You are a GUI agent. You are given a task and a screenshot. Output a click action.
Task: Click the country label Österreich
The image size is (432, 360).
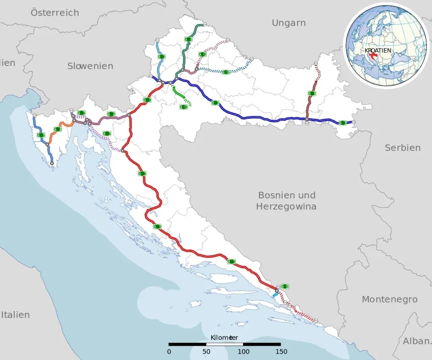click(x=55, y=13)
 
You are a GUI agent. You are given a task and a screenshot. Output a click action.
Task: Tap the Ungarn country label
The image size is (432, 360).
click(x=289, y=23)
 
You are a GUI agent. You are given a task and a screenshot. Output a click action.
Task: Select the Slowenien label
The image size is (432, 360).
click(x=90, y=66)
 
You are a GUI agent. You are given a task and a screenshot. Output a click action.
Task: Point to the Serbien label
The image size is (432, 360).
click(x=402, y=148)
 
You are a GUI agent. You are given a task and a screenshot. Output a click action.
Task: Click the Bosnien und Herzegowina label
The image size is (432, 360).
click(x=287, y=201)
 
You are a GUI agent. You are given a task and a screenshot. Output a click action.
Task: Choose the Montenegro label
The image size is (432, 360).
click(x=389, y=299)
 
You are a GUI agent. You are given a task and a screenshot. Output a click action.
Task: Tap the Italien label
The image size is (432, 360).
click(x=15, y=315)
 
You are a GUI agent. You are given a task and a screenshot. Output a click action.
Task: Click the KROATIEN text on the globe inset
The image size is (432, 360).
click(x=378, y=50)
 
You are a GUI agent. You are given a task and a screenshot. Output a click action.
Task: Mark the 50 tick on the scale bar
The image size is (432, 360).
click(x=206, y=351)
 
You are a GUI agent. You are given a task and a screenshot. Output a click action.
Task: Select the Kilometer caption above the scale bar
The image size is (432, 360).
click(x=224, y=338)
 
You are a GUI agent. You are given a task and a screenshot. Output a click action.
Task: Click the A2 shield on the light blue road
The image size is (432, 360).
click(x=162, y=56)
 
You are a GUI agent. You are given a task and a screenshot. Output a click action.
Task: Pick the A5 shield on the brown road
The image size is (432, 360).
click(x=312, y=94)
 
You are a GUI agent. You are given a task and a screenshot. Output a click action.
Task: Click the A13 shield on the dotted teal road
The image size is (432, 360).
click(x=226, y=72)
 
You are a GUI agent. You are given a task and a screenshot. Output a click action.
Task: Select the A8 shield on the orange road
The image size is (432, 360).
click(x=58, y=129)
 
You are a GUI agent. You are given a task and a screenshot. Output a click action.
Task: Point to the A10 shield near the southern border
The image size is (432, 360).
click(x=285, y=286)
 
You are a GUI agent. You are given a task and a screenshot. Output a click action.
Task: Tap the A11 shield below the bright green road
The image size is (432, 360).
click(x=184, y=107)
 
